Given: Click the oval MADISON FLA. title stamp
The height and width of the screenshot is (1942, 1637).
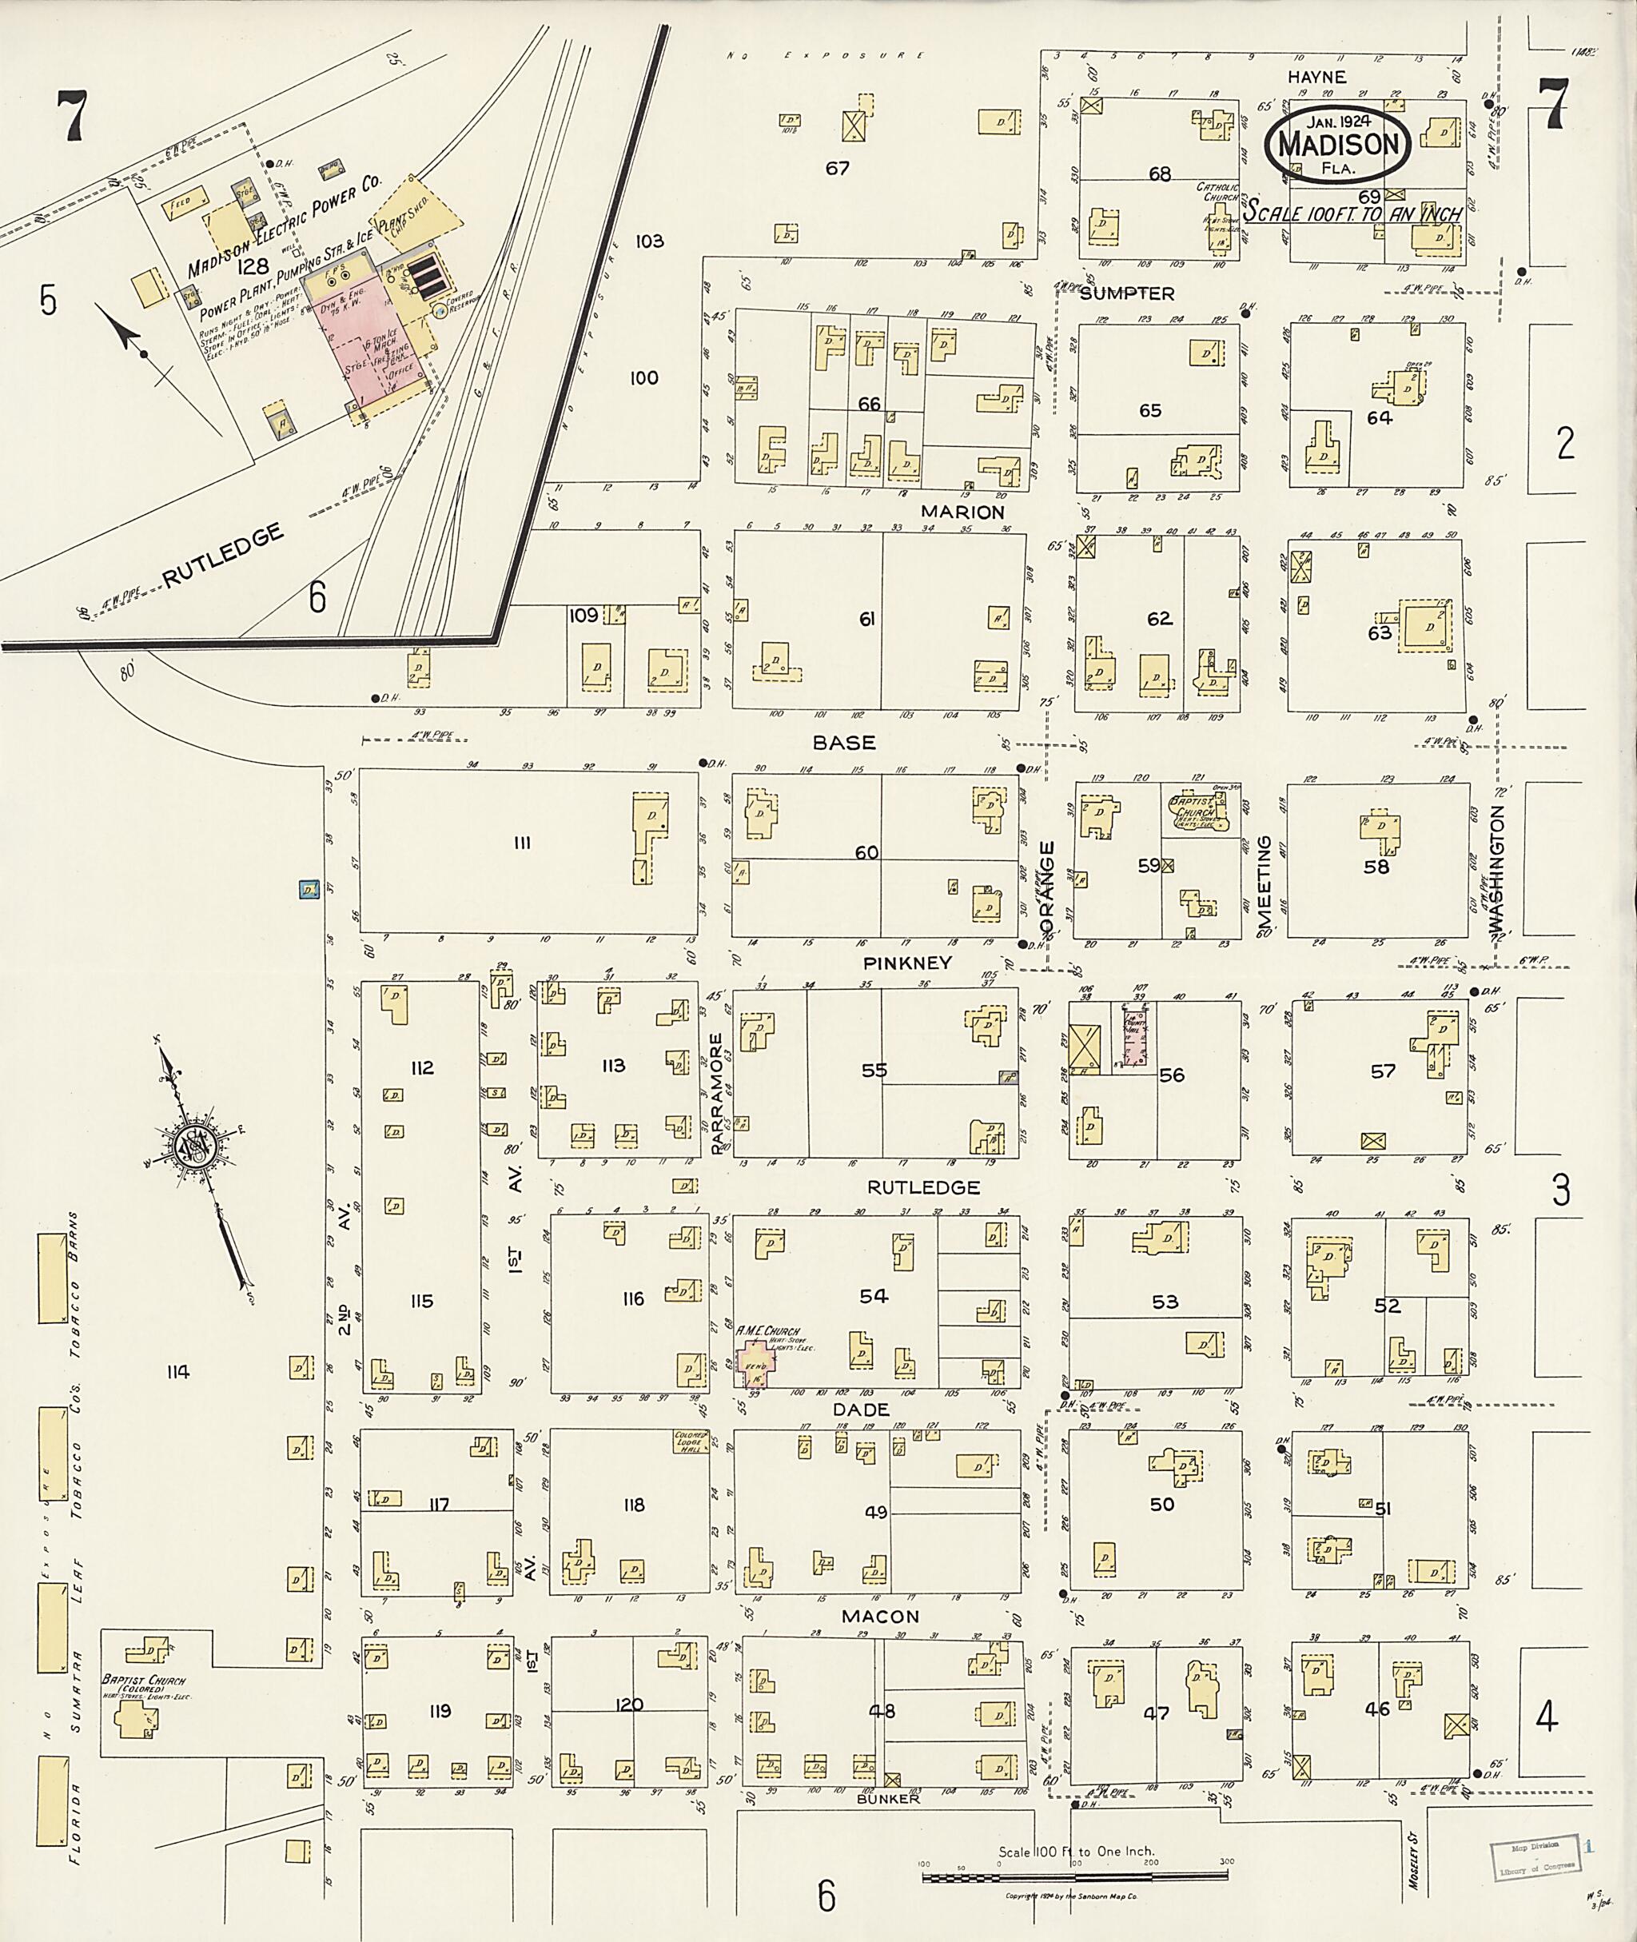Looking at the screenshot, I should [1338, 145].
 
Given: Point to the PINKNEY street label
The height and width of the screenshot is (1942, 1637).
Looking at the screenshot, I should [906, 963].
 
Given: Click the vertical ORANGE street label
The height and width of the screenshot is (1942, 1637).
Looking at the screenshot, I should [1048, 887].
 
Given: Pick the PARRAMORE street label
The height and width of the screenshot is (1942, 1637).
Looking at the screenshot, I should [716, 1093].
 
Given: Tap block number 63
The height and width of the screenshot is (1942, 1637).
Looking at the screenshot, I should [1380, 633].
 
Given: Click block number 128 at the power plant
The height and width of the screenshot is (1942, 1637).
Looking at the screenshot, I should [252, 267].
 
